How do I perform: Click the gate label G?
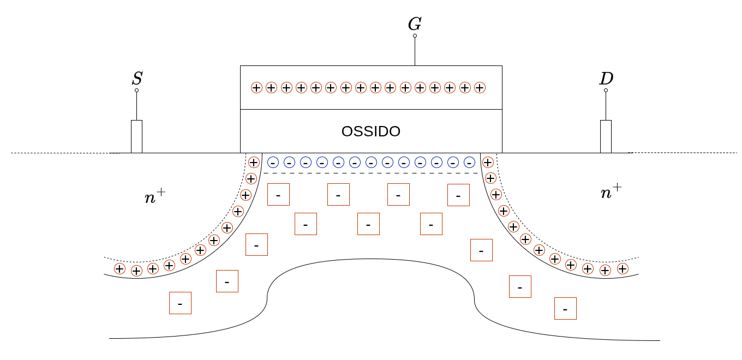(x=415, y=24)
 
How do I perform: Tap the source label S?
(x=137, y=79)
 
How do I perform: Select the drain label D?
(x=606, y=79)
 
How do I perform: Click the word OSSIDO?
(x=371, y=131)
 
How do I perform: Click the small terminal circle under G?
(x=415, y=36)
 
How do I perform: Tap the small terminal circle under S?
(x=136, y=91)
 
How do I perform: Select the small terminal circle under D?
(x=606, y=91)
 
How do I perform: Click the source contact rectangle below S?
(x=136, y=136)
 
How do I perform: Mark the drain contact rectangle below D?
(x=606, y=136)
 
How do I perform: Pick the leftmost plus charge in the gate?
(x=256, y=87)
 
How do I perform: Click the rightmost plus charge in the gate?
(x=480, y=87)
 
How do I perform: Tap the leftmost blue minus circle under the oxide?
(x=273, y=162)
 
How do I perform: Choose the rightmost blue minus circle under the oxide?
(x=469, y=162)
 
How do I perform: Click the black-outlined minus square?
(x=520, y=286)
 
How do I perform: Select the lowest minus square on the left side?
(x=180, y=303)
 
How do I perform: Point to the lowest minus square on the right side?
(x=565, y=308)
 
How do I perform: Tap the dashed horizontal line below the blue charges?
(x=371, y=173)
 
